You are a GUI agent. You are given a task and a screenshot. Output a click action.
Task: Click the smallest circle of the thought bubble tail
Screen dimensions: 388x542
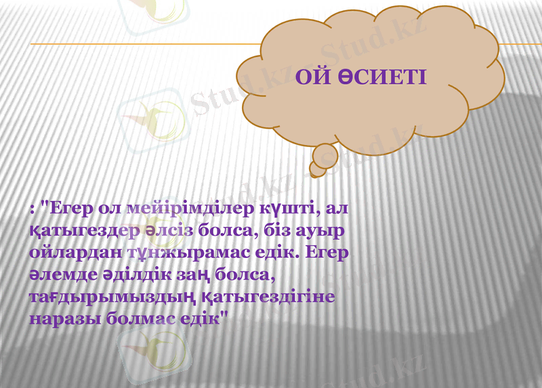[x=316, y=167]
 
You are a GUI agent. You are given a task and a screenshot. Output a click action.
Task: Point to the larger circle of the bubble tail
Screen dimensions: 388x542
[x=325, y=154]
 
